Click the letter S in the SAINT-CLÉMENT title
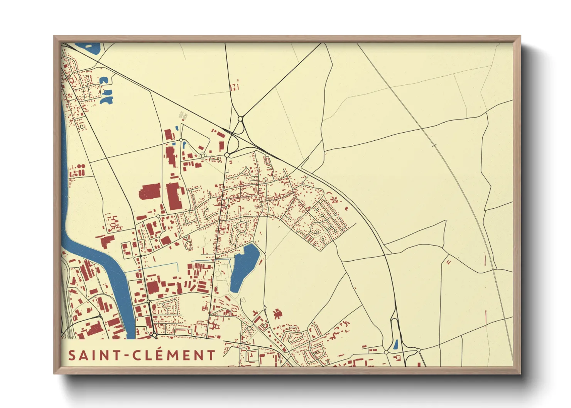tap(72, 355)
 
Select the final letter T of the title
tap(211, 355)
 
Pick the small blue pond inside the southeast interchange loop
tap(395, 344)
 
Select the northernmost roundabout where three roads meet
tap(240, 119)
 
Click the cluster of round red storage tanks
tap(80, 170)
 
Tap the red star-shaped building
tap(277, 314)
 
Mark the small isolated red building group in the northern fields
tap(234, 86)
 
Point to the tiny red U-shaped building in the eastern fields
tap(448, 262)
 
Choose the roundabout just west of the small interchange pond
tap(386, 352)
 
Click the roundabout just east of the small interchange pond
tap(418, 350)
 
